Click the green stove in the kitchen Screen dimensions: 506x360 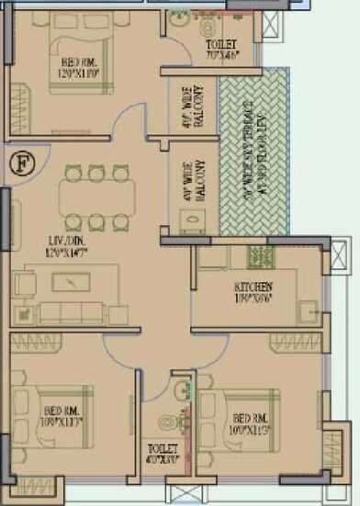(261, 254)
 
